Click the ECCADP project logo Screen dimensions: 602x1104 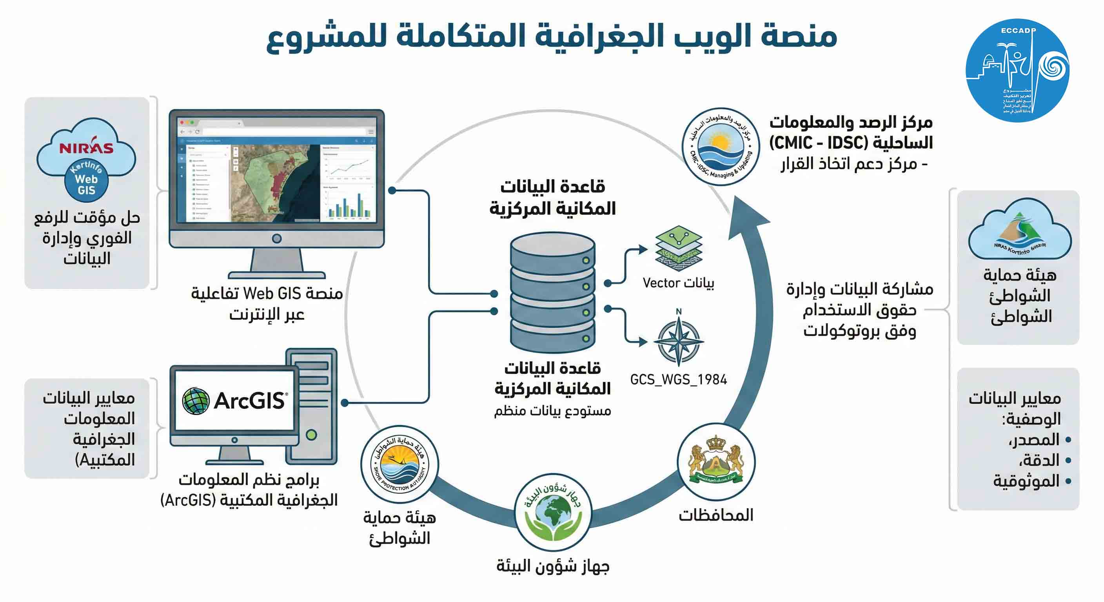click(1017, 71)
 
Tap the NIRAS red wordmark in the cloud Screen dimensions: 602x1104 click(86, 148)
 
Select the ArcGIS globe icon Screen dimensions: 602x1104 click(196, 401)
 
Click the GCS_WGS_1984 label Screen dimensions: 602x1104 click(678, 380)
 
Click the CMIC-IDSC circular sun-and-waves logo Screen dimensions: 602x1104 click(721, 147)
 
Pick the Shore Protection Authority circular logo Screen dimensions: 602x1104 click(399, 465)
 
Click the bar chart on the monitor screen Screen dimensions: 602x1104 click(347, 205)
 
